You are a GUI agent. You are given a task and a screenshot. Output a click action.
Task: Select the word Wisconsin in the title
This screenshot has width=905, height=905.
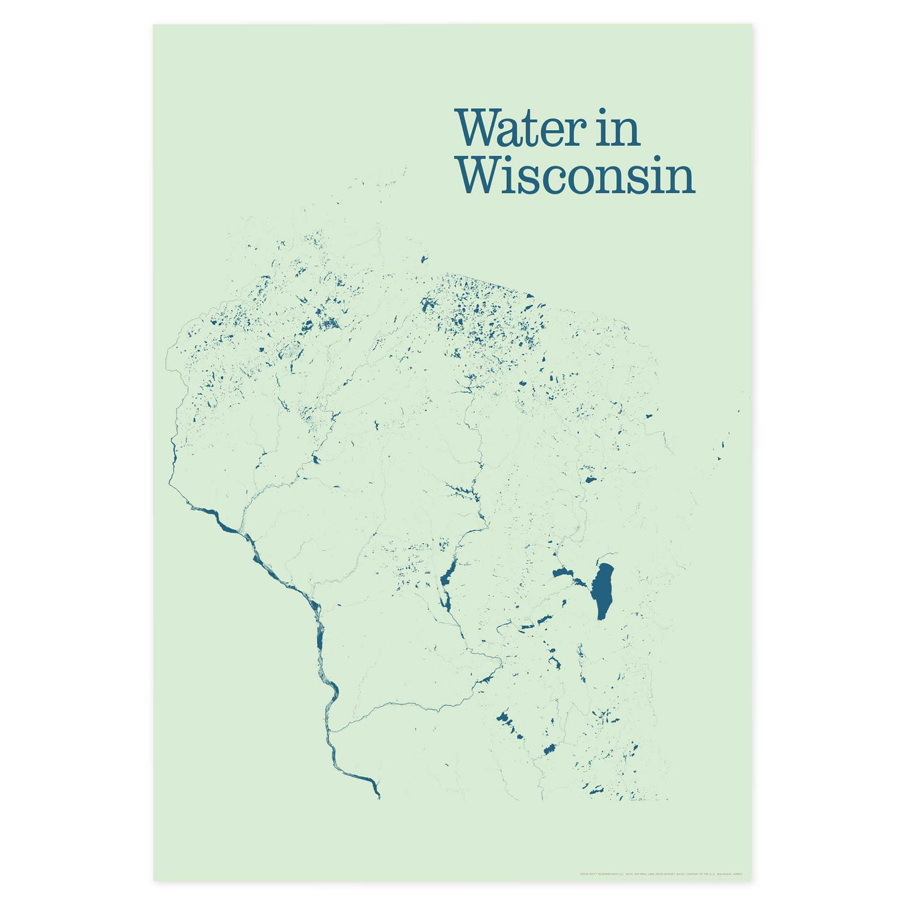[575, 176]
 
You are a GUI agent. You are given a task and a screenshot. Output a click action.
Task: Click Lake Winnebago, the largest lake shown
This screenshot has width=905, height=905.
[603, 590]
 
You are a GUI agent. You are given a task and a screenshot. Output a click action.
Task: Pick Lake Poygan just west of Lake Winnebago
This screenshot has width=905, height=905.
[562, 575]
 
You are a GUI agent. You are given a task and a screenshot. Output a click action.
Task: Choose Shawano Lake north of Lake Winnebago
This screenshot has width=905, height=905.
[590, 480]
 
